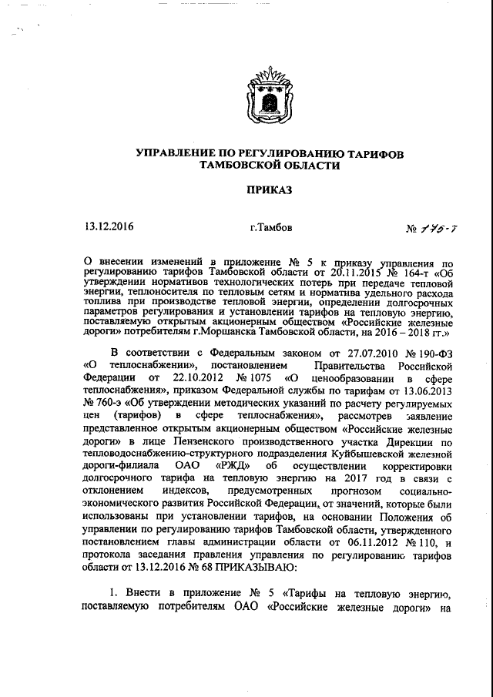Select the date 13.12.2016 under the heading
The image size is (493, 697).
click(104, 227)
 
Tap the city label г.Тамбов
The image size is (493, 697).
click(271, 228)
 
